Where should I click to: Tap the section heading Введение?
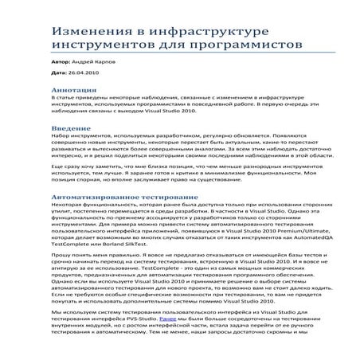(x=70, y=127)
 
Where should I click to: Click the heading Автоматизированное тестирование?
(x=121, y=197)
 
